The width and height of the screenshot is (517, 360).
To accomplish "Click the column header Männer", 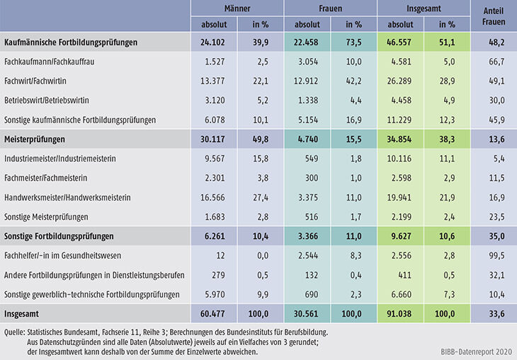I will click(237, 9).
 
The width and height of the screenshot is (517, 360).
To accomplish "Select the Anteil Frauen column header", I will click(493, 16).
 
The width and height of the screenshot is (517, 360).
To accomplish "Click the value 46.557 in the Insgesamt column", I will click(400, 43).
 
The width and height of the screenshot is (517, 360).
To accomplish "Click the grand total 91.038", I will click(400, 312).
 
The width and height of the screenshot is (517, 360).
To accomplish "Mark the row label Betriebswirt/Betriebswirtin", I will click(46, 101).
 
